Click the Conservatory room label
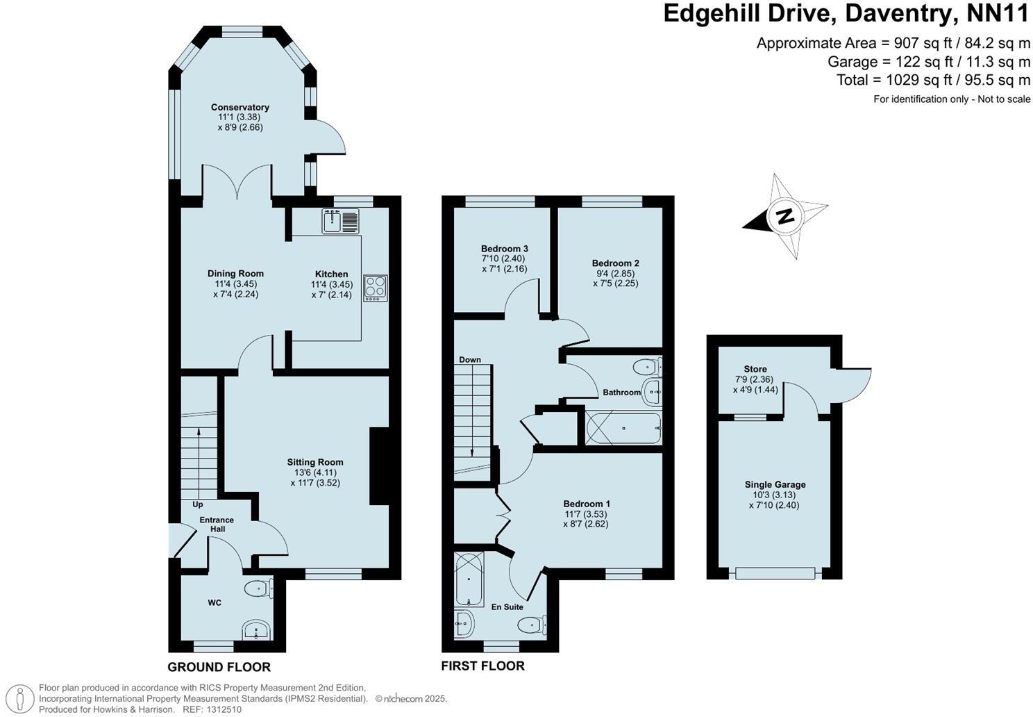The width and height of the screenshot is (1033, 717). coord(240,107)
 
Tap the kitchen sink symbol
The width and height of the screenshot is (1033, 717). coord(340,221)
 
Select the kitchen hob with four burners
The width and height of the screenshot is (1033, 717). coord(376,288)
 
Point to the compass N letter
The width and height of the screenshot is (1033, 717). coord(785,216)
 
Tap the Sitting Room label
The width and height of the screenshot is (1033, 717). coord(315,462)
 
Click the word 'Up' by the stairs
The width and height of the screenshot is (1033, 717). coord(198,504)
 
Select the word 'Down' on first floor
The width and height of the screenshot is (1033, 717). coord(470,360)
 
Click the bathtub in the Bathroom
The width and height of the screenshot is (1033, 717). coord(623,428)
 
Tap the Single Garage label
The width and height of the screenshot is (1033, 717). coord(775,484)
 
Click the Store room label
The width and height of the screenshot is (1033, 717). coord(755,369)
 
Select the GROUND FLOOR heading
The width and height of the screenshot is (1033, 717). coord(219,668)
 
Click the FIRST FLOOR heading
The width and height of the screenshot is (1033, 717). coord(483,666)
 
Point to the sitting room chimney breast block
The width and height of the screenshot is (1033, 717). coord(379,465)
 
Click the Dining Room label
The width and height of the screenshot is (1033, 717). coord(235,274)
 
